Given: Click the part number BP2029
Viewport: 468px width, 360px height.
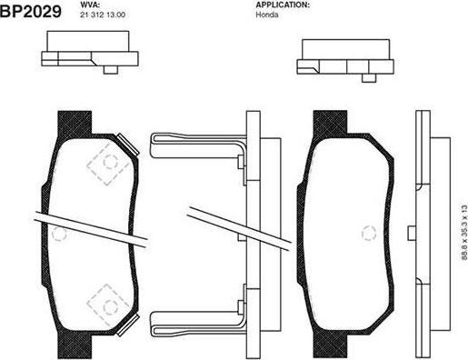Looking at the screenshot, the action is (31, 11).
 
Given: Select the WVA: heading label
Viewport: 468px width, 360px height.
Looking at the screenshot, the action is (90, 5).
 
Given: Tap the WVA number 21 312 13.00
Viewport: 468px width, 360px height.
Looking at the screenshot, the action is (103, 15).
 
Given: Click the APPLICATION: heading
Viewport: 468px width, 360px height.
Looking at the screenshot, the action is (283, 5).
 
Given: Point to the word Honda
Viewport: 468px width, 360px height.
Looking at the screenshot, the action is (267, 15).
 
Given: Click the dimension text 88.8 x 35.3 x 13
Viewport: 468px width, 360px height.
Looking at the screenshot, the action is (464, 233).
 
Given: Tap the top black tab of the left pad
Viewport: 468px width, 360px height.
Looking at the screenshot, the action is (75, 124).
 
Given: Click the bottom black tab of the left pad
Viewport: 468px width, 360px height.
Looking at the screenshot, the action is (75, 345).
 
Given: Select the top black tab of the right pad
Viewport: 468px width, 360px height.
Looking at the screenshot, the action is (330, 124).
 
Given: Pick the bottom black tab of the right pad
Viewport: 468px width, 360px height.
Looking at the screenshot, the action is (330, 345).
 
